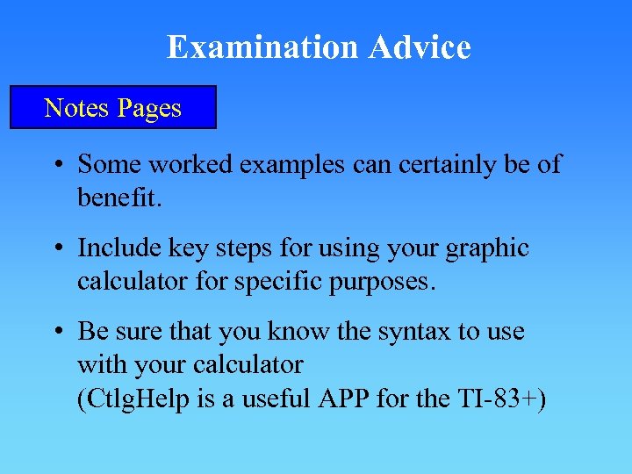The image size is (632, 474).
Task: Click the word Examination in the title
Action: click(263, 47)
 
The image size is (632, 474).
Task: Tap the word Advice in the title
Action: click(420, 47)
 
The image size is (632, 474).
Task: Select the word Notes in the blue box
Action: click(76, 108)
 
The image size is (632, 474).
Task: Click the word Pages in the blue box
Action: click(148, 108)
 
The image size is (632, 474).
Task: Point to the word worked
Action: click(192, 164)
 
